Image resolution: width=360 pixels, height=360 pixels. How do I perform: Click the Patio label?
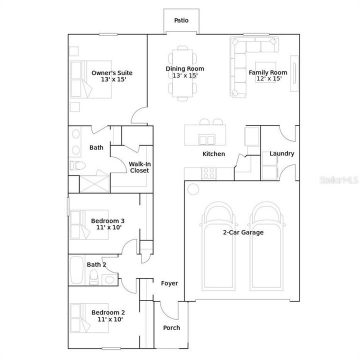181,20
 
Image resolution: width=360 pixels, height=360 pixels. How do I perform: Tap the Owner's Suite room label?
112,73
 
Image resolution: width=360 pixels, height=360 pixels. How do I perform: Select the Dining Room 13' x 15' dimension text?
185,75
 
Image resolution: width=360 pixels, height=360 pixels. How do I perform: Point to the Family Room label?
268,72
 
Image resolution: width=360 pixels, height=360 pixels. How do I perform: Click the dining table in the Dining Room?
182,73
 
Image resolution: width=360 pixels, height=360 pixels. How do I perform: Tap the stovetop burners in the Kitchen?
209,173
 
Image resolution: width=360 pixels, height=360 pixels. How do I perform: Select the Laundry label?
281,153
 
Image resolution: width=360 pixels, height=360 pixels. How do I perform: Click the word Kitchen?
213,154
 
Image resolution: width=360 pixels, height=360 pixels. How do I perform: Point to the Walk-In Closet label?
139,167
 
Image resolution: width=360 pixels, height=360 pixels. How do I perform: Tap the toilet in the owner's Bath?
78,165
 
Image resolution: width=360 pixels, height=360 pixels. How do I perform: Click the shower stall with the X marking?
94,184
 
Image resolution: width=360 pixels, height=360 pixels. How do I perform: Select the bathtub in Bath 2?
76,270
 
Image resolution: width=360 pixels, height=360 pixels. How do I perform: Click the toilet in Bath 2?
93,277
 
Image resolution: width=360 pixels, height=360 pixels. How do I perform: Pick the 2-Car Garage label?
243,232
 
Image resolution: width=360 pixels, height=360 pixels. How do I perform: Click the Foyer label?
169,283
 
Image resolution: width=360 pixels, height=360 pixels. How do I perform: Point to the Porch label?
171,328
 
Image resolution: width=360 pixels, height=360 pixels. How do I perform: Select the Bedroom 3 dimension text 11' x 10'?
109,227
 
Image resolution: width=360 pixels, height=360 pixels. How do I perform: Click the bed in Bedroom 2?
89,318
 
